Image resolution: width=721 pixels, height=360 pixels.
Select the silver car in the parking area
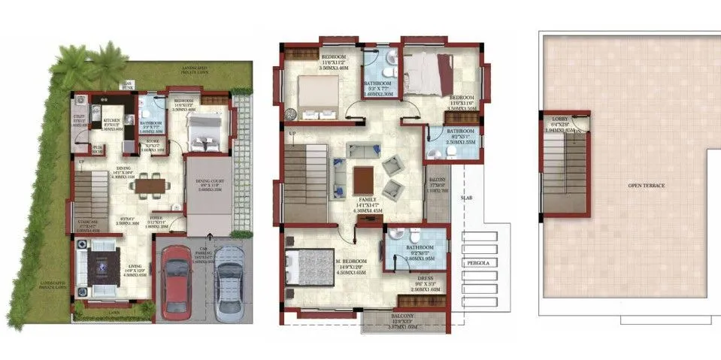pos(227,284)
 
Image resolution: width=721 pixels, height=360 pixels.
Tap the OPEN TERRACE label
pos(647,185)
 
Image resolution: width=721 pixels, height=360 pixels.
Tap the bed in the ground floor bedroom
pos(201,135)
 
